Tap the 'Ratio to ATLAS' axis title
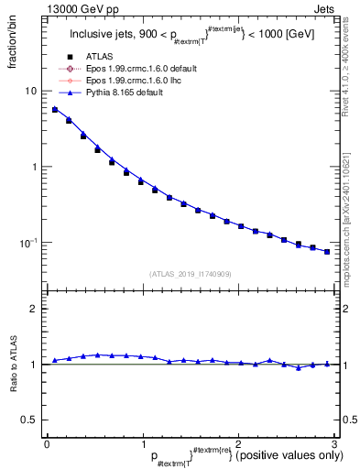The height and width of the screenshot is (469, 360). pyautogui.click(x=13, y=365)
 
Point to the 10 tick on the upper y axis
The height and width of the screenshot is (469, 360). pyautogui.click(x=30, y=92)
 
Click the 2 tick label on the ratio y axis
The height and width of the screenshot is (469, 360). pyautogui.click(x=33, y=310)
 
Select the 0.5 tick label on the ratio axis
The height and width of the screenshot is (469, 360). pyautogui.click(x=29, y=420)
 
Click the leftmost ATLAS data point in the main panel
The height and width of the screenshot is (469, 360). pyautogui.click(x=55, y=110)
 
